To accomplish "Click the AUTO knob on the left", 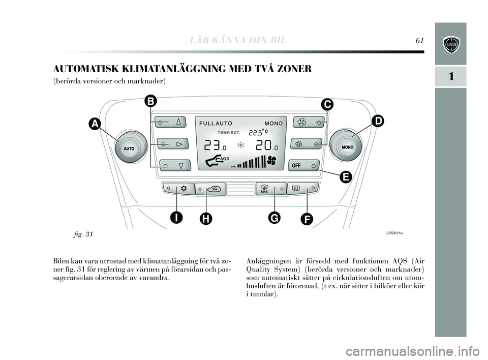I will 129,147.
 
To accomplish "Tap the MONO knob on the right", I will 348,146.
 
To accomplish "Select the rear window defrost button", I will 303,188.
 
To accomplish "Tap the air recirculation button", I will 209,188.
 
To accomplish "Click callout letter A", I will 94,124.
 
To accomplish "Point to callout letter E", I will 345,176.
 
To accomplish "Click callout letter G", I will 274,218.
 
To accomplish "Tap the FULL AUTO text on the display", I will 216,123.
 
